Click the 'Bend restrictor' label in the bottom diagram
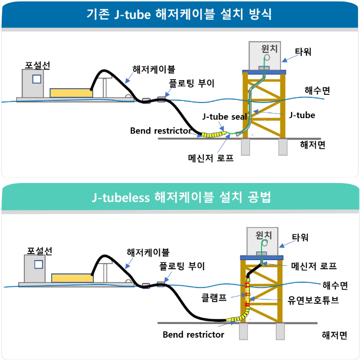click(193, 335)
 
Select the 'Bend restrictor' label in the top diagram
click(160, 131)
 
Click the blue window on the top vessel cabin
click(37, 79)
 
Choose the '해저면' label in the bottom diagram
click(335, 335)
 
